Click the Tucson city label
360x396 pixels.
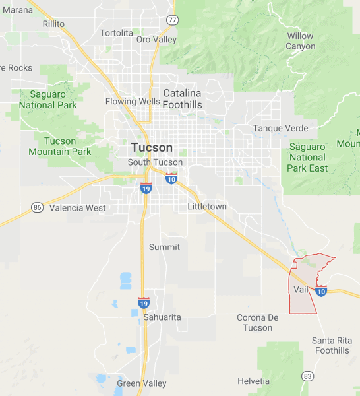(152, 147)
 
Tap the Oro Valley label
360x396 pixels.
(156, 40)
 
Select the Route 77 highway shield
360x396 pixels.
(171, 20)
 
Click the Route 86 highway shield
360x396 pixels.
(38, 207)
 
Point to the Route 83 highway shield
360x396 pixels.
(307, 376)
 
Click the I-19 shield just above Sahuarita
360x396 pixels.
(144, 302)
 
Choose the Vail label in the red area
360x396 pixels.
(300, 290)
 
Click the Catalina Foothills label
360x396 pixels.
(183, 98)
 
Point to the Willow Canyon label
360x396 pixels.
(300, 41)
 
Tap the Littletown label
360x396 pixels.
(207, 207)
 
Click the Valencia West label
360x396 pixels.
(78, 208)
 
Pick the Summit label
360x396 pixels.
(164, 247)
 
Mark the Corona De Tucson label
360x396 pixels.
(257, 323)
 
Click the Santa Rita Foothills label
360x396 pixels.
(331, 345)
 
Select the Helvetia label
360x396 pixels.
(253, 381)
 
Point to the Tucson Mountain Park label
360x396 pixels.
(60, 146)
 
